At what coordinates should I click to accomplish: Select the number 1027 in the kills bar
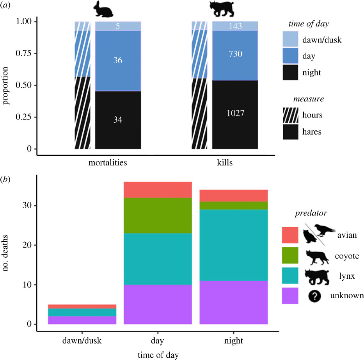pyautogui.click(x=234, y=114)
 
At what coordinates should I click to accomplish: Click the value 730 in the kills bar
pyautogui.click(x=234, y=54)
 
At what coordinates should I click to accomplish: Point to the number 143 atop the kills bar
pyautogui.click(x=234, y=26)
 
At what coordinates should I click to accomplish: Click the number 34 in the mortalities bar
pyautogui.click(x=118, y=120)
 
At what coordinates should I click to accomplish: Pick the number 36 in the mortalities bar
pyautogui.click(x=118, y=61)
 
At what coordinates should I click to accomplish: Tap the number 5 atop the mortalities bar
pyautogui.click(x=118, y=26)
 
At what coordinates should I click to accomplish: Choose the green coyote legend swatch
pyautogui.click(x=290, y=255)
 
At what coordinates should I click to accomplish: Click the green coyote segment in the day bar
pyautogui.click(x=158, y=215)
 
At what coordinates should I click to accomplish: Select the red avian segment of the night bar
pyautogui.click(x=233, y=195)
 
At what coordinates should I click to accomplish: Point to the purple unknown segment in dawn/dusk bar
pyautogui.click(x=82, y=320)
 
